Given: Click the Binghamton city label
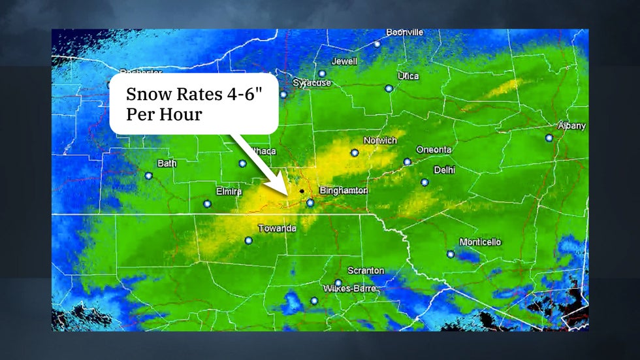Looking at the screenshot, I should click(x=344, y=191).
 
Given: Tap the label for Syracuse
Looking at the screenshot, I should click(x=312, y=83).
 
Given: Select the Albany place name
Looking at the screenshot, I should click(x=571, y=125).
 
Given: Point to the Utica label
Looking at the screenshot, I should click(x=408, y=76).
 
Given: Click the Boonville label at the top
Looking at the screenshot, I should click(x=404, y=32).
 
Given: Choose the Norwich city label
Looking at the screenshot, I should click(x=380, y=140).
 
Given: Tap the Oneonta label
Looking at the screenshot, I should click(x=434, y=150).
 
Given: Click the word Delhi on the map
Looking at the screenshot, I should click(x=444, y=170).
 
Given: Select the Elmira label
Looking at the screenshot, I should click(x=229, y=191).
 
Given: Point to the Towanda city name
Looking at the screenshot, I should click(x=277, y=229).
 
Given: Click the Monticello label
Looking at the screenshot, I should click(x=480, y=242).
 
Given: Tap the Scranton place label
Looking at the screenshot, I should click(x=366, y=270).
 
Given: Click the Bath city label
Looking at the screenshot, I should click(x=167, y=163).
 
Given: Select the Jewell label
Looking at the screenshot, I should click(x=344, y=61).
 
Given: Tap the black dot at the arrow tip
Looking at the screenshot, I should click(x=302, y=191).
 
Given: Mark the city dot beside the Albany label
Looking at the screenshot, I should click(x=549, y=138).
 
